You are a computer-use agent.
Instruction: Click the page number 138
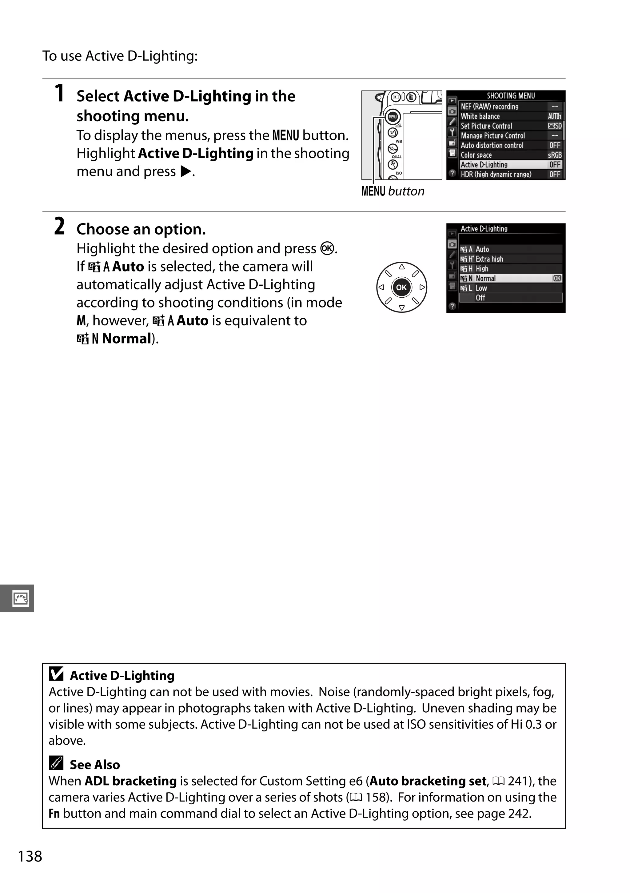(x=30, y=856)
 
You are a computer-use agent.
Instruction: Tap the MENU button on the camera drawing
(x=393, y=117)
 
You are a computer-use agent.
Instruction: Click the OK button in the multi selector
(x=401, y=288)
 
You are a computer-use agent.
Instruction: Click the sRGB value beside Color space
(x=555, y=155)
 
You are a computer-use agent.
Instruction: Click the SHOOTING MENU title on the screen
(x=511, y=96)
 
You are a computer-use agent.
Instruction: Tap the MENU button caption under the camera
(x=393, y=191)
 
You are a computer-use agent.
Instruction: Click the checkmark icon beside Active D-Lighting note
(x=56, y=674)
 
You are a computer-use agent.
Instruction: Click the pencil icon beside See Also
(x=56, y=763)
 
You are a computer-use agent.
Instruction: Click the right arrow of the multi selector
(x=422, y=288)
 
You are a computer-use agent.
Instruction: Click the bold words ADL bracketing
(x=130, y=781)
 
